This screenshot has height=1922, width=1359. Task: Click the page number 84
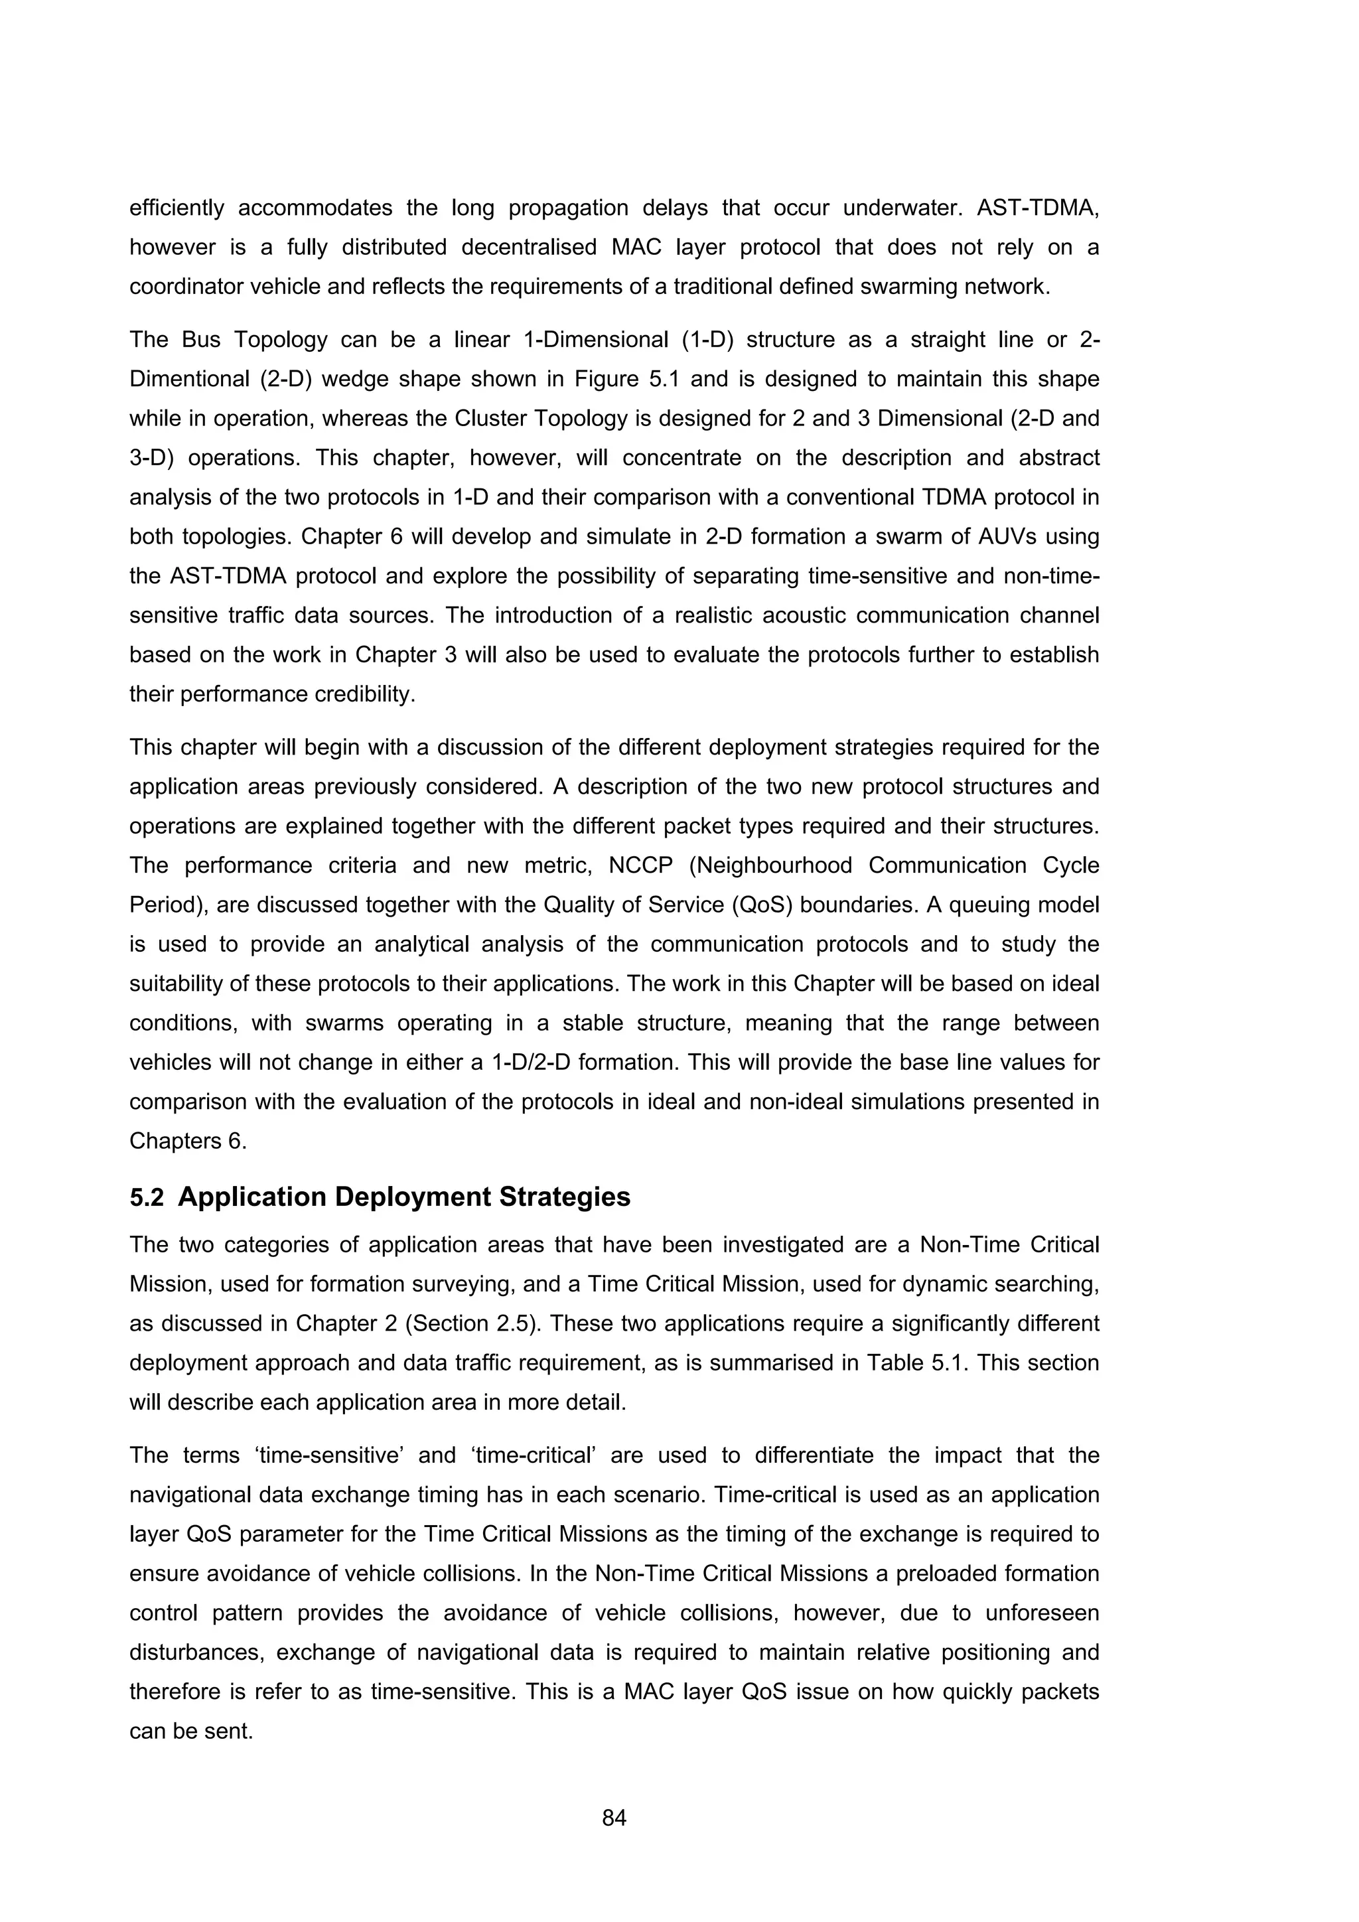tap(614, 1817)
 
